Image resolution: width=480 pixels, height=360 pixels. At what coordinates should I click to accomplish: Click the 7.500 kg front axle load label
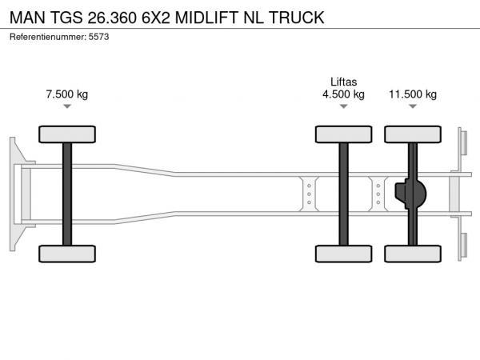(x=67, y=94)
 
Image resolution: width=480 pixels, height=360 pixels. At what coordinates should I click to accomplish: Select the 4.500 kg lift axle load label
(x=343, y=94)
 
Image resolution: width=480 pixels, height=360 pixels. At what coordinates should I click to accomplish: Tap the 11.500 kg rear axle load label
(x=413, y=94)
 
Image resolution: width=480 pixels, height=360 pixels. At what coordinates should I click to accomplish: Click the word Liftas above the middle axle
(x=343, y=82)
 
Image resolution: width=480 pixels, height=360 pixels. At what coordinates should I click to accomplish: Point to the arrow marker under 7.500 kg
(x=67, y=106)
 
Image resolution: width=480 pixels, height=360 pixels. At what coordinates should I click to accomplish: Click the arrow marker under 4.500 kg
(x=343, y=106)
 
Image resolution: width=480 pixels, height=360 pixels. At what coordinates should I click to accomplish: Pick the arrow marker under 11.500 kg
(x=413, y=106)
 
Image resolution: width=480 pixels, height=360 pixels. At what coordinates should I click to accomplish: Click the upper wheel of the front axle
(x=67, y=134)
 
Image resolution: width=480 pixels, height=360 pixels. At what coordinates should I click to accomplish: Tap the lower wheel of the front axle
(x=67, y=254)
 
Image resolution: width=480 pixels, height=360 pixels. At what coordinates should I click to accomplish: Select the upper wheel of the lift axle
(x=343, y=134)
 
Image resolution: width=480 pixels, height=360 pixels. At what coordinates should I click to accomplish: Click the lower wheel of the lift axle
(x=343, y=254)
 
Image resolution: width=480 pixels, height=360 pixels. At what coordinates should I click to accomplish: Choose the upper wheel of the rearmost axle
(x=413, y=134)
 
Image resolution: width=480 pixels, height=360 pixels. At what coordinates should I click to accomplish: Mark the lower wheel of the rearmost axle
(x=413, y=254)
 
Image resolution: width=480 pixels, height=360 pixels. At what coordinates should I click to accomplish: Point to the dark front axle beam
(x=67, y=194)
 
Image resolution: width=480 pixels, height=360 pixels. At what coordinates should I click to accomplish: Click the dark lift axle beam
(x=343, y=194)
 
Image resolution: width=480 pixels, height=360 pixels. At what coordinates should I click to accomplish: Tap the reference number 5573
(x=98, y=37)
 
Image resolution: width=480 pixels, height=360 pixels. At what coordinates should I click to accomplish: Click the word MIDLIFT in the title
(x=206, y=18)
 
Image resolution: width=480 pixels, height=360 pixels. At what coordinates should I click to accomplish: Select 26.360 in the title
(x=112, y=18)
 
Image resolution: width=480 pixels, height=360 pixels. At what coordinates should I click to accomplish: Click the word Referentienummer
(x=48, y=37)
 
